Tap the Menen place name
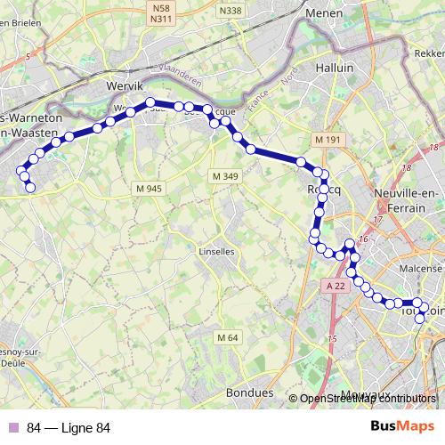[324, 13]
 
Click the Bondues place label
[250, 392]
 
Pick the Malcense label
[421, 269]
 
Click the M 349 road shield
[226, 177]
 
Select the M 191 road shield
[328, 141]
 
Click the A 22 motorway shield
[335, 285]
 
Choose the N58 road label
[161, 7]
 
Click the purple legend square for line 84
[12, 427]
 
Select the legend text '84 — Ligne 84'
[69, 427]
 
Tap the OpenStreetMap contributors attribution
[369, 399]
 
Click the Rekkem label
[429, 53]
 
